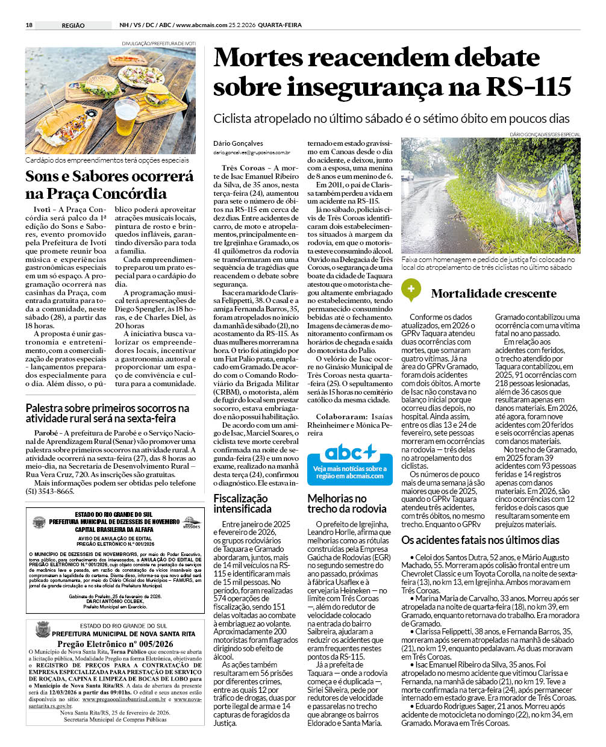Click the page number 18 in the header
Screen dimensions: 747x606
click(x=29, y=25)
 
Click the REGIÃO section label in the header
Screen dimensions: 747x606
click(x=73, y=25)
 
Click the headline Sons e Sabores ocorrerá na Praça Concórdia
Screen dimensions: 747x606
click(x=110, y=185)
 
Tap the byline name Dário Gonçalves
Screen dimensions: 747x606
click(x=238, y=143)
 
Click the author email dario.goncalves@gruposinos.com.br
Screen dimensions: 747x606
click(x=251, y=153)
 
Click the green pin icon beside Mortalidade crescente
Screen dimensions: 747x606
click(x=411, y=290)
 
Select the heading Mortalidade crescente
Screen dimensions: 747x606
click(x=493, y=294)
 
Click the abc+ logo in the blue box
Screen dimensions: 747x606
click(x=350, y=452)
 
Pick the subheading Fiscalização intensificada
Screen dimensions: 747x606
click(x=242, y=503)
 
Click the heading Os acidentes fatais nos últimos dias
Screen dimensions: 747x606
click(x=480, y=540)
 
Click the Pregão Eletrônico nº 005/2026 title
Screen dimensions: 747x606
click(x=115, y=643)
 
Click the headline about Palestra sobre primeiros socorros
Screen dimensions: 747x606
click(x=107, y=413)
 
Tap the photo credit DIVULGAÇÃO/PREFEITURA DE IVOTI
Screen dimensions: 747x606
click(x=158, y=43)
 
